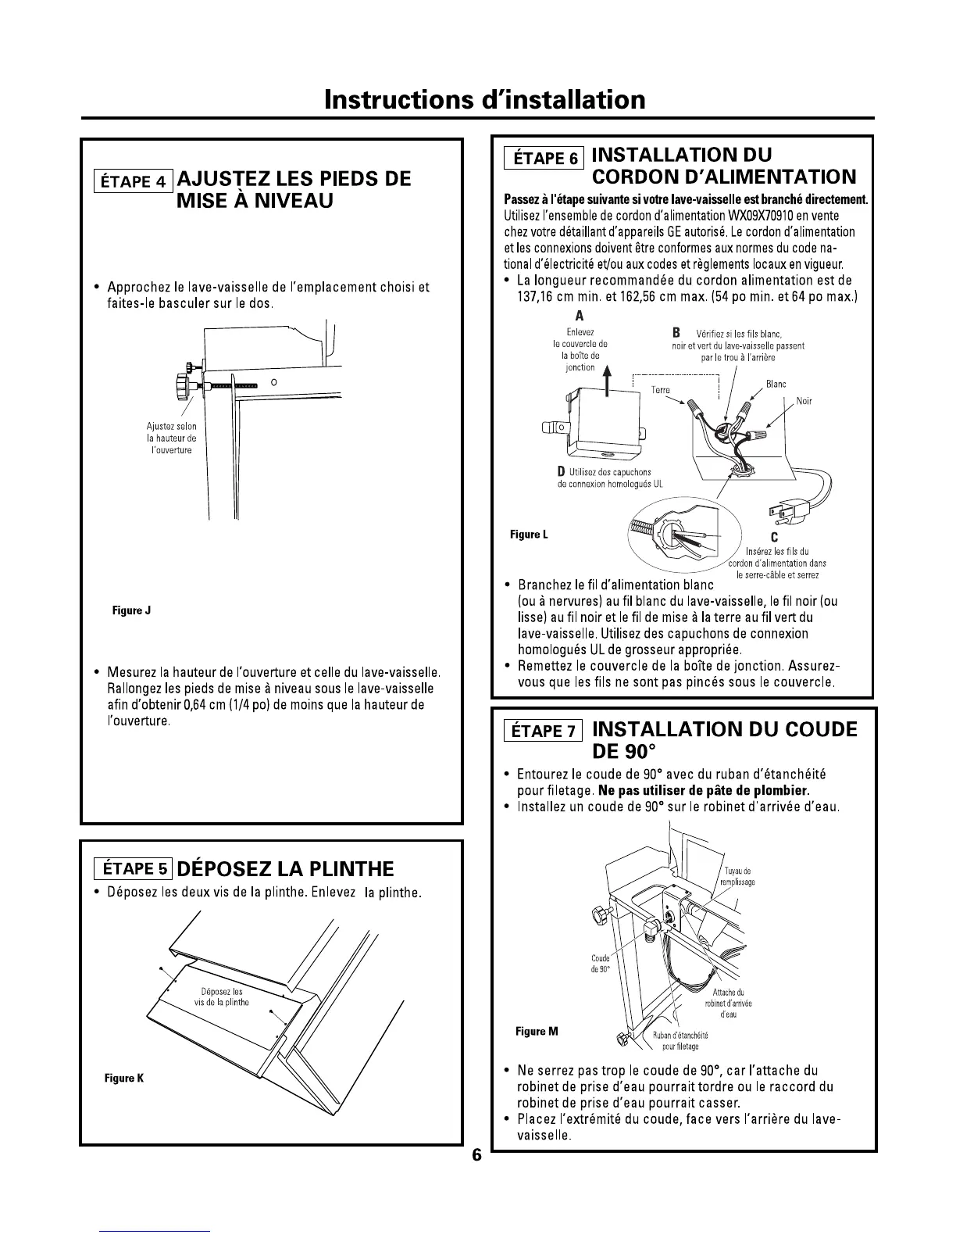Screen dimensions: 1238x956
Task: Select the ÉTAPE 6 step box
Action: [x=544, y=157]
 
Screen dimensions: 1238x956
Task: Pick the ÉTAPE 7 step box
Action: [x=544, y=731]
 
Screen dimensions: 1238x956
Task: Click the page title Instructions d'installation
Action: [x=485, y=99]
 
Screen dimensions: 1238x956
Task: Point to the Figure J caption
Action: [x=131, y=610]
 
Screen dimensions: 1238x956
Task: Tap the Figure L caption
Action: [x=529, y=535]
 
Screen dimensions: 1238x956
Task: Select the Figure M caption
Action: [x=537, y=1032]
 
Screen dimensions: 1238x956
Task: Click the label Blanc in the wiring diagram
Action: [x=776, y=385]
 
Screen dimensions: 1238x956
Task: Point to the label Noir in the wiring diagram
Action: [x=804, y=402]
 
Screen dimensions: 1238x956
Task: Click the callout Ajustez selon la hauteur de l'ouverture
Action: [x=171, y=438]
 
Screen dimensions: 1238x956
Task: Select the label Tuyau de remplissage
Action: [x=739, y=876]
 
